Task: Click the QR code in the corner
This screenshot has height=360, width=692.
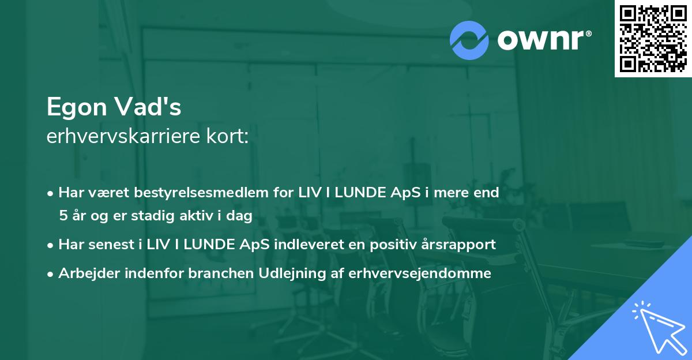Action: tap(653, 38)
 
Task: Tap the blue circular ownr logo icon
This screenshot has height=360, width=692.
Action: tap(469, 40)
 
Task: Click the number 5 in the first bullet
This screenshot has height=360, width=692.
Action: tap(62, 216)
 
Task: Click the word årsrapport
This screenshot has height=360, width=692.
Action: tap(460, 245)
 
